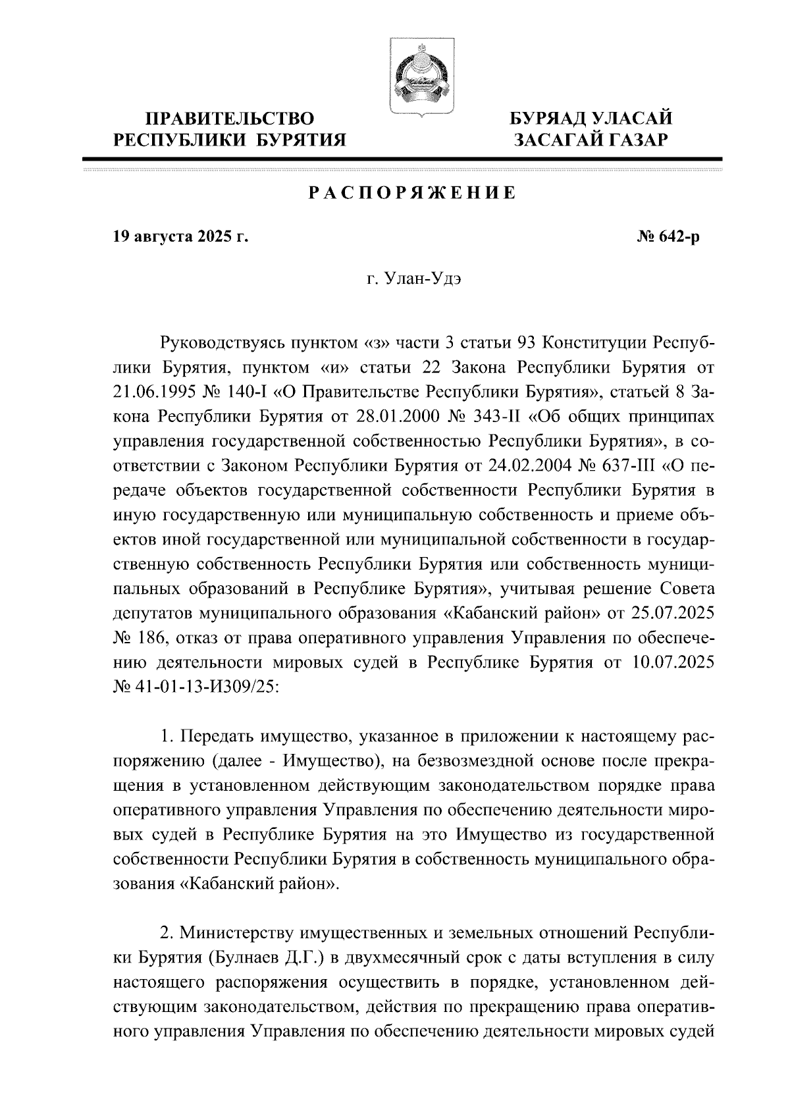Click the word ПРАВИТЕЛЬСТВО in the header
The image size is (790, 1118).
point(230,119)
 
